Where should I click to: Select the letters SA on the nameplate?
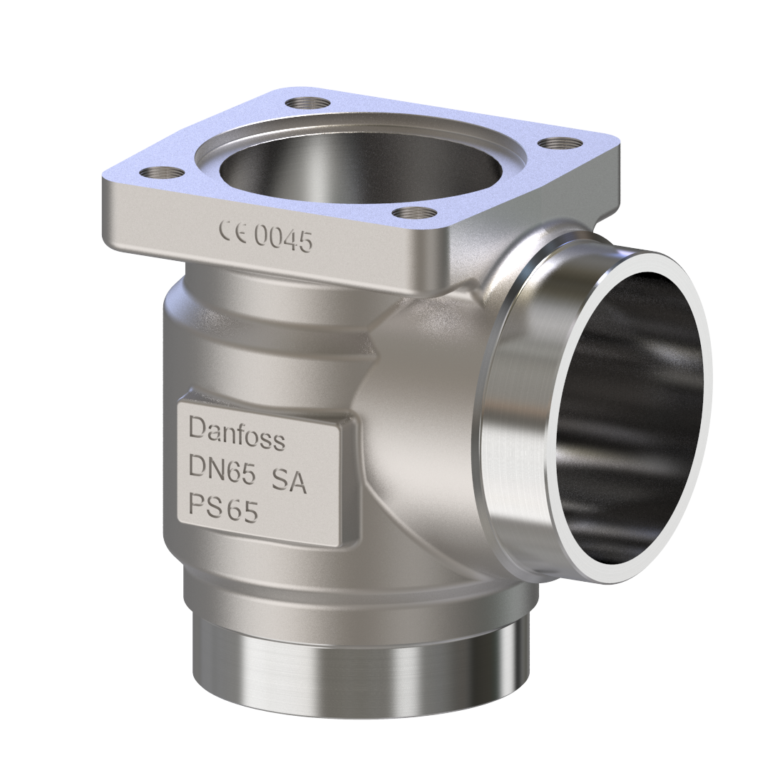click(289, 483)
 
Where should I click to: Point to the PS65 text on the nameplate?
click(222, 508)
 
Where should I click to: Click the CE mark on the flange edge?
click(233, 233)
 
